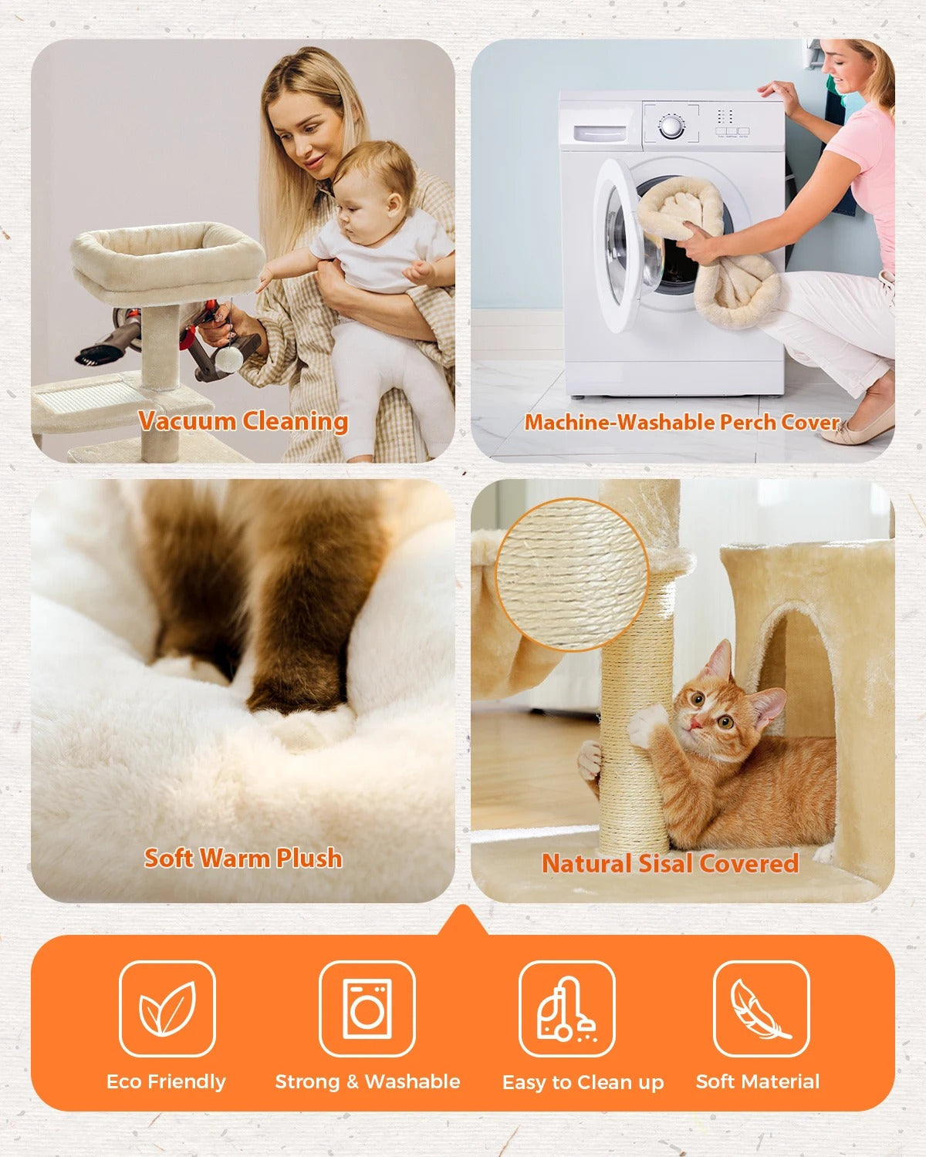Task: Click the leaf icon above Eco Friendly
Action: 167,1008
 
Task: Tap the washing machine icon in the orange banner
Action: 367,1008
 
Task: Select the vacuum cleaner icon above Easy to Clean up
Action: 567,1008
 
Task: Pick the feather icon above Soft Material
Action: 761,1008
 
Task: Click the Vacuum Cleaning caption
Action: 243,421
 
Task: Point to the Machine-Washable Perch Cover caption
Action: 681,422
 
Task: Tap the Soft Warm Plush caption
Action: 243,858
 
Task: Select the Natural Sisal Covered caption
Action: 670,863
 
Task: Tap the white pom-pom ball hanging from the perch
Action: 230,359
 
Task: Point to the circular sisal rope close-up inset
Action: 572,573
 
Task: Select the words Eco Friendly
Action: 166,1081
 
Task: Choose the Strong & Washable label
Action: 367,1081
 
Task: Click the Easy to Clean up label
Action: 583,1082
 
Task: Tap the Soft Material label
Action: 757,1081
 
